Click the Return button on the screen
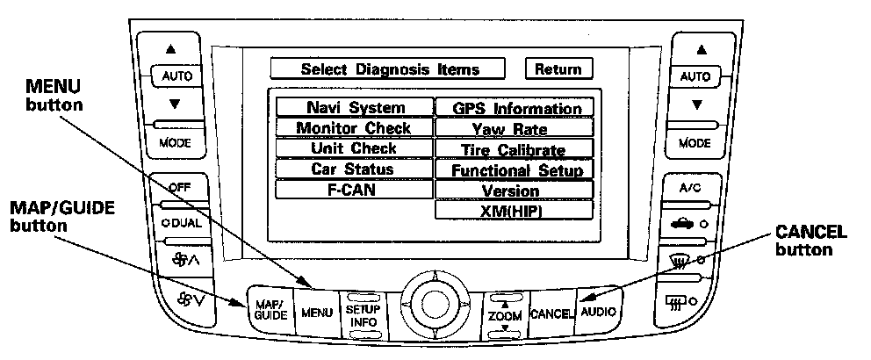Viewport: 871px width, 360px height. (558, 69)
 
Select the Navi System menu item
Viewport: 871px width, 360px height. (355, 108)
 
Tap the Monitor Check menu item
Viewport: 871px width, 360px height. (355, 128)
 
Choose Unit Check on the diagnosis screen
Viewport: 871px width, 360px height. (355, 148)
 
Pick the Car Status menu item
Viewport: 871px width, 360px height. (355, 169)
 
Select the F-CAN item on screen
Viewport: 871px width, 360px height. (355, 189)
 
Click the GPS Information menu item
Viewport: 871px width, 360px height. (515, 109)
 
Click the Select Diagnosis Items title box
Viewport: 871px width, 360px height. (390, 69)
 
